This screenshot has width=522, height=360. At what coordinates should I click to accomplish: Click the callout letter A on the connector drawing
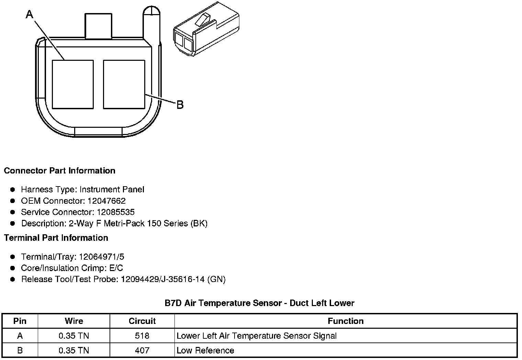coord(30,14)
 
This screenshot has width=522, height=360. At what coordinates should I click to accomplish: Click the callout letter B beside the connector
coord(180,104)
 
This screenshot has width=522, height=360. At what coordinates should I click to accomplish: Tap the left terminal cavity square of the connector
coord(72,85)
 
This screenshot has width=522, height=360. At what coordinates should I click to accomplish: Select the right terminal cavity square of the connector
coord(124,85)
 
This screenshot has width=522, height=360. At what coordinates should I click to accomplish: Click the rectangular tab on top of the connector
coord(98,26)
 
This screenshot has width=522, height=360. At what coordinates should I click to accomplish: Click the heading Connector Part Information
coord(59,171)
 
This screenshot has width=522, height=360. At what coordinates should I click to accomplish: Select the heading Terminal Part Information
coord(56,238)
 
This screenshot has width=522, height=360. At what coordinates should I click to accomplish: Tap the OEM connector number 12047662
coord(106,201)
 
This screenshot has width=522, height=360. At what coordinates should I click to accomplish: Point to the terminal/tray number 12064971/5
coord(102,257)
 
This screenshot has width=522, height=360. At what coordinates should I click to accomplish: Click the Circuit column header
coord(142,321)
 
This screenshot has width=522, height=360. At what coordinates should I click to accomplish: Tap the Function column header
coord(345,321)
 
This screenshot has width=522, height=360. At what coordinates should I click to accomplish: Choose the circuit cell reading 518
coord(142,336)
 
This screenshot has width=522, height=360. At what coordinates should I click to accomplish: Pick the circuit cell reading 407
coord(142,350)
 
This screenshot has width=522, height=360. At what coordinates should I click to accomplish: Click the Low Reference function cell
coord(205,350)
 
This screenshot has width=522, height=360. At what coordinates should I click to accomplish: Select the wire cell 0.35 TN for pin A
coord(74,336)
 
